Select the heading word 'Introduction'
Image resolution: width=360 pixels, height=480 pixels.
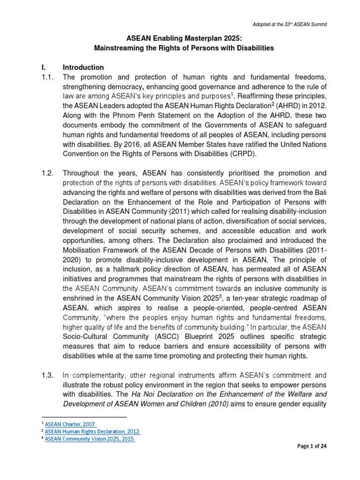click(x=83, y=67)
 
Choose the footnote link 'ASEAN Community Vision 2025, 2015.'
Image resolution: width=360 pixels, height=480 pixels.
click(x=90, y=439)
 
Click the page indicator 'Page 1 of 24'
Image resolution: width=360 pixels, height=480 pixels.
click(x=312, y=459)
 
